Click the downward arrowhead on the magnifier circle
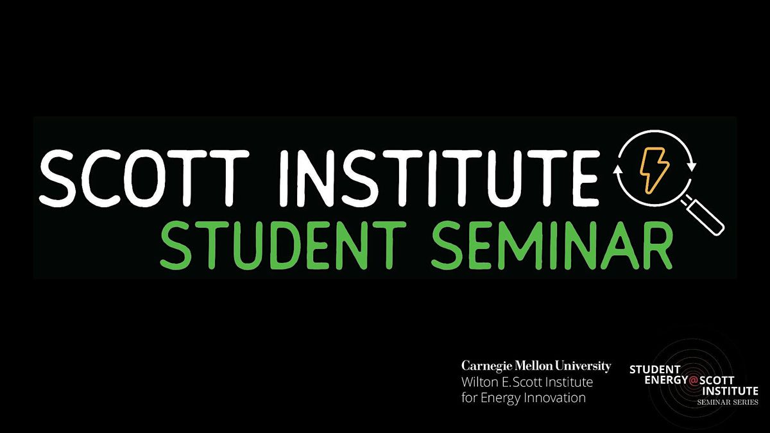point(692,166)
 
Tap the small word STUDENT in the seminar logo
point(654,369)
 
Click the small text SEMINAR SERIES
point(727,402)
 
